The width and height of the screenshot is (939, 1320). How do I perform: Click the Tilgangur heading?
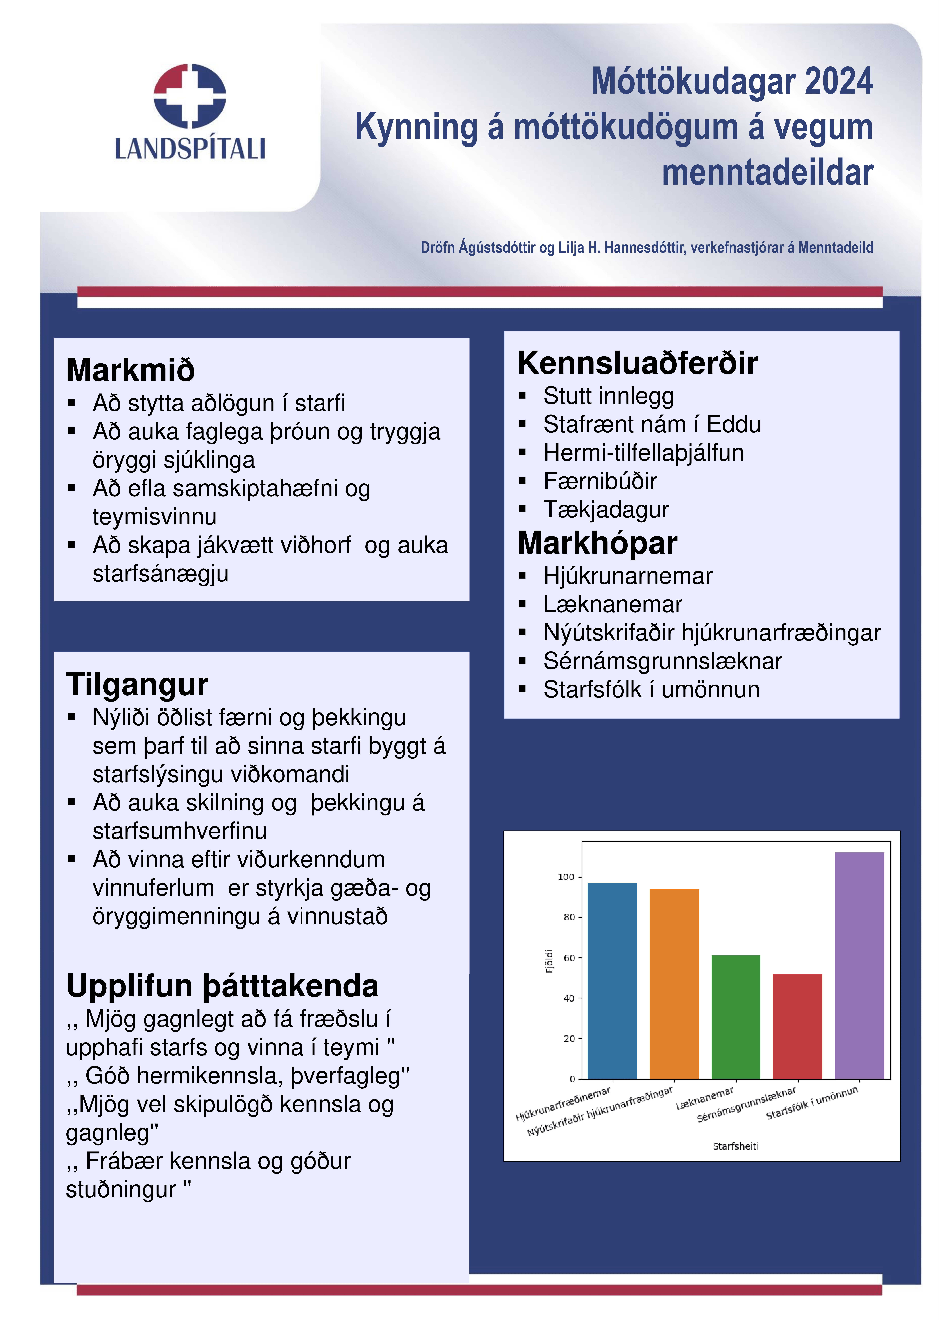[x=137, y=684]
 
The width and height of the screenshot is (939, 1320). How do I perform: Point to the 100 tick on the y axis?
[x=566, y=877]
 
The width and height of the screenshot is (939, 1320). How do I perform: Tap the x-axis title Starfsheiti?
[x=735, y=1146]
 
